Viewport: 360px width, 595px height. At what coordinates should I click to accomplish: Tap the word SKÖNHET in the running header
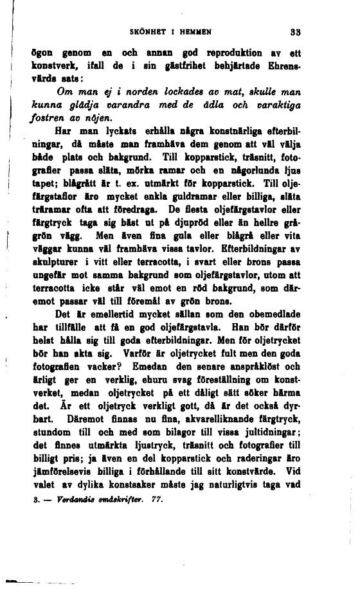point(147,30)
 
